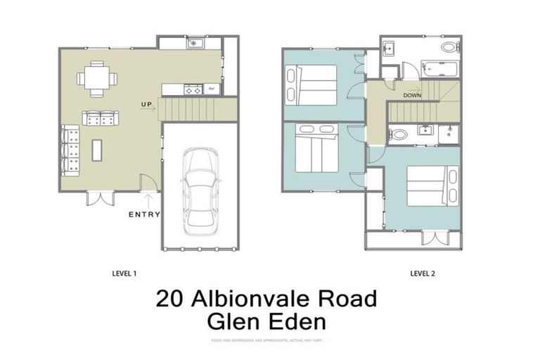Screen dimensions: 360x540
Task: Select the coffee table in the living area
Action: click(x=97, y=149)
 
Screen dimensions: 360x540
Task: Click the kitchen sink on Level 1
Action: click(x=193, y=43)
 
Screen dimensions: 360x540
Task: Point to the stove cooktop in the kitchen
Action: click(x=191, y=90)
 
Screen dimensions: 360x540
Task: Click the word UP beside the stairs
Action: click(x=146, y=105)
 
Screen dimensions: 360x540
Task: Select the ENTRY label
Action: click(x=144, y=214)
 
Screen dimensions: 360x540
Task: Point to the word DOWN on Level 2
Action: click(x=413, y=95)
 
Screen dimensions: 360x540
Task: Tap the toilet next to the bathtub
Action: click(x=448, y=48)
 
